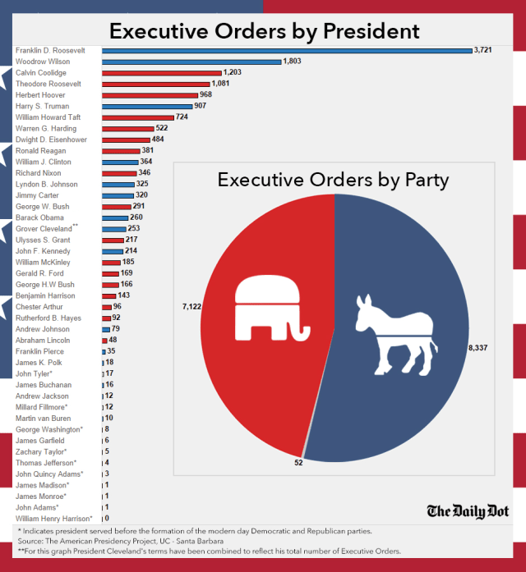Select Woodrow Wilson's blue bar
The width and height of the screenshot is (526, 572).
191,62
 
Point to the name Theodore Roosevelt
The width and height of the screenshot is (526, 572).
48,84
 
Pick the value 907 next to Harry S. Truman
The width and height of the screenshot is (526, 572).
201,106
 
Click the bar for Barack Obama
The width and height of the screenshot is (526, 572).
114,217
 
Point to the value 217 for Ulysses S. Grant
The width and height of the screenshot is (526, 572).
131,240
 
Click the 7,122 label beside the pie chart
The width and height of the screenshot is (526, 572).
191,306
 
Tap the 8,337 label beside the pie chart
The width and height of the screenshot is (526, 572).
478,348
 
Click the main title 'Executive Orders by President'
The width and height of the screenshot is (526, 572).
264,32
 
